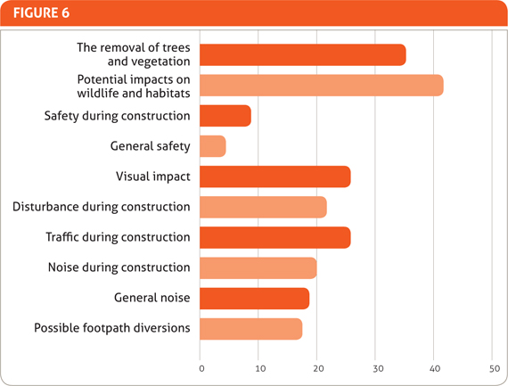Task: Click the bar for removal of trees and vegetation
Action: tap(302, 55)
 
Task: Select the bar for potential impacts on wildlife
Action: tap(321, 86)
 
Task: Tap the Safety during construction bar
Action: tap(225, 116)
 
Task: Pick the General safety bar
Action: tap(212, 146)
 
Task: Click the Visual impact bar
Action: tap(274, 177)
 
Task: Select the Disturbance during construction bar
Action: tap(263, 207)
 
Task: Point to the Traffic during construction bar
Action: tap(274, 237)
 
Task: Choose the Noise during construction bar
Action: tap(258, 267)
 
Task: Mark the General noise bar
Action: tap(254, 298)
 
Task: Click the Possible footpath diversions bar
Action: tap(250, 328)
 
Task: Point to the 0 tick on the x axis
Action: tap(201, 365)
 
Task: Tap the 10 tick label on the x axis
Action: tap(258, 365)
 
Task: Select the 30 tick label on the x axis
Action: tap(376, 365)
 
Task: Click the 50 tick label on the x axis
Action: tap(493, 365)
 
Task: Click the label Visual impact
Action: tap(152, 177)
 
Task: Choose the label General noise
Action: tap(152, 298)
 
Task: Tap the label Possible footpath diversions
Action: tap(112, 328)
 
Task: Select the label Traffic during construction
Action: tap(118, 237)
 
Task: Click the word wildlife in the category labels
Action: tap(100, 93)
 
